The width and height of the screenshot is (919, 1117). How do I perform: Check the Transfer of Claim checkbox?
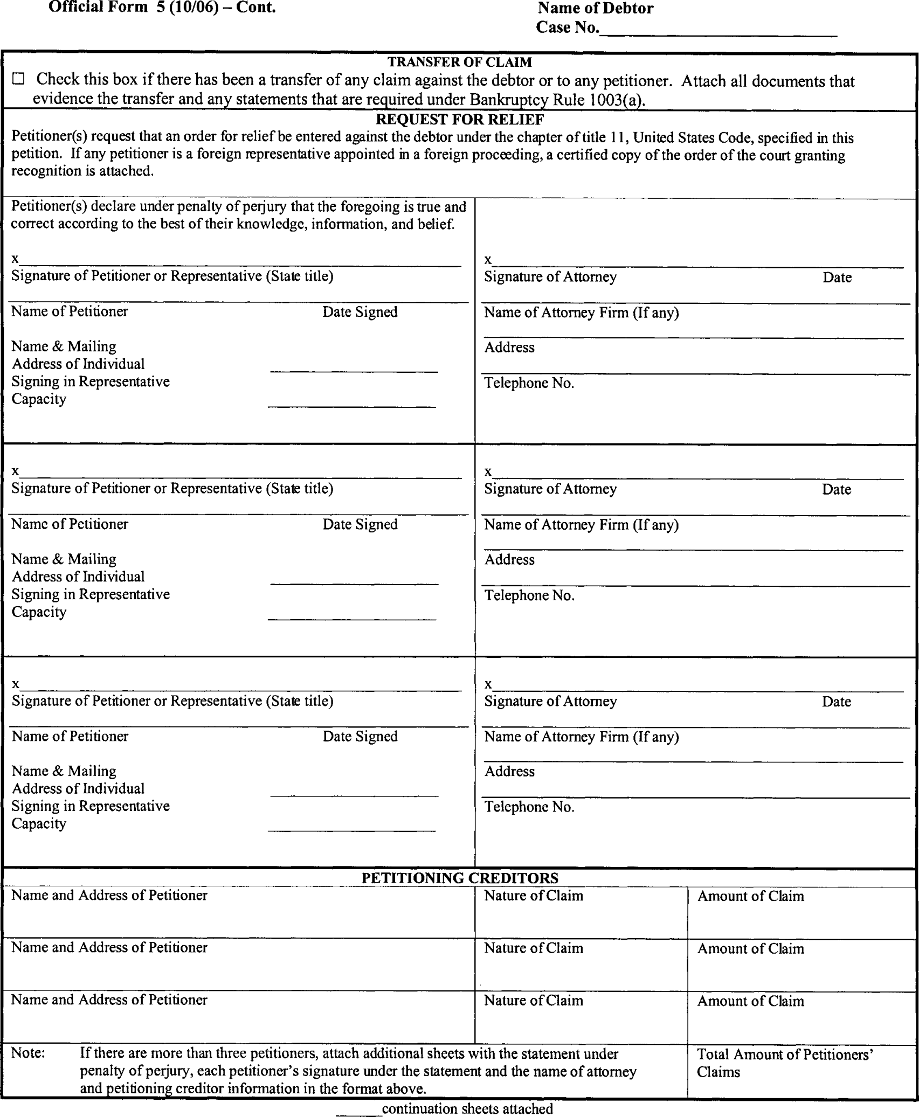pyautogui.click(x=19, y=80)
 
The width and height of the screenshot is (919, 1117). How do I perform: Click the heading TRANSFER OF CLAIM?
pyautogui.click(x=459, y=63)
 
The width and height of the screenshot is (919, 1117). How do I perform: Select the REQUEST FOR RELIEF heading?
pyautogui.click(x=459, y=119)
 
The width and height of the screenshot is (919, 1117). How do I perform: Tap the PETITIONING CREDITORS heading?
pyautogui.click(x=459, y=878)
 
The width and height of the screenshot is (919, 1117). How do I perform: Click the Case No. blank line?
pyautogui.click(x=718, y=33)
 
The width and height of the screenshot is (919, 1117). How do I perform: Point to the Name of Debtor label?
pyautogui.click(x=595, y=9)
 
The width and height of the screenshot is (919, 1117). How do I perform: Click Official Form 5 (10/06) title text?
pyautogui.click(x=162, y=8)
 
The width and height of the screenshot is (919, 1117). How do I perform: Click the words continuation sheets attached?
pyautogui.click(x=467, y=1109)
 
